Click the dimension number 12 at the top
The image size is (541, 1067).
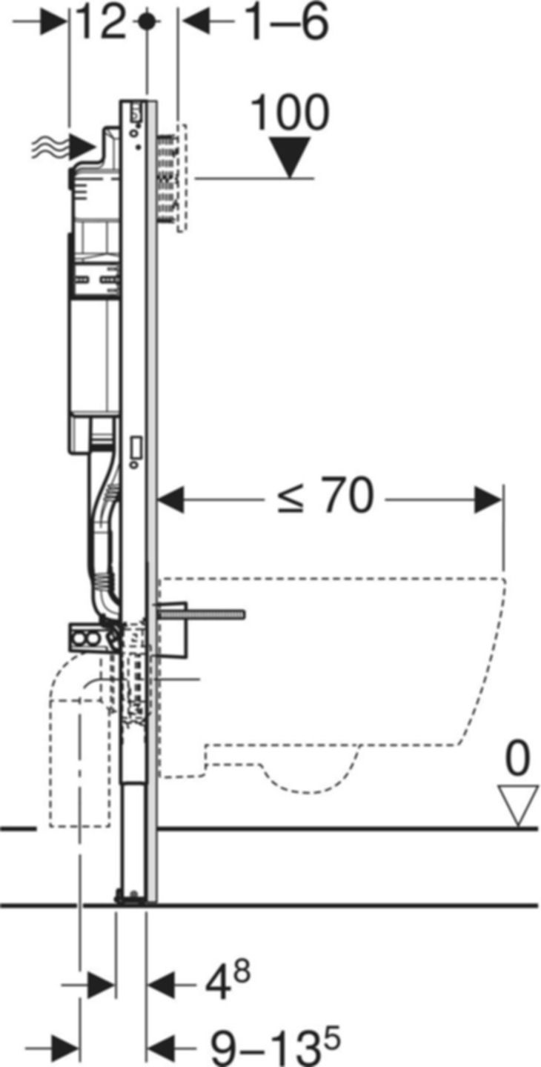pyautogui.click(x=102, y=24)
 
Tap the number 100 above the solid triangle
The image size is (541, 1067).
pyautogui.click(x=290, y=115)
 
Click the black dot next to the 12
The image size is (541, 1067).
pyautogui.click(x=148, y=22)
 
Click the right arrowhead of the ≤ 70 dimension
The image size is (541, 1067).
pyautogui.click(x=488, y=499)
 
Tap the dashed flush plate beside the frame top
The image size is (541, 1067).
pyautogui.click(x=182, y=178)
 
